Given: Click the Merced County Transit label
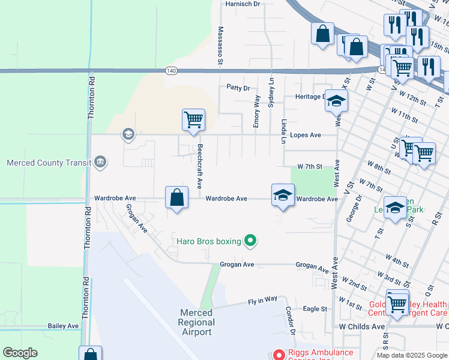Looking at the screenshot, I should coord(48,163).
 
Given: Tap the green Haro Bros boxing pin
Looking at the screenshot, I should coord(252,242).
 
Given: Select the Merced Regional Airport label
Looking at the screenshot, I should coord(196,322).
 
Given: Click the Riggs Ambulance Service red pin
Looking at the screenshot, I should coord(278,355).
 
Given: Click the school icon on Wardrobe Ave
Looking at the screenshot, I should coord(283,195).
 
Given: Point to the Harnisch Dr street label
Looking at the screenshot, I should coord(243,4).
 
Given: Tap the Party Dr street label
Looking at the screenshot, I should coord(238,88).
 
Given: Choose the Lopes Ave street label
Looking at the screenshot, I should coord(306,135).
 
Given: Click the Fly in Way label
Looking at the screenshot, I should coord(263,299).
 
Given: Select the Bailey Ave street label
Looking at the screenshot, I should coord(64,326).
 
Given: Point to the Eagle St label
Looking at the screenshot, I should coord(315,309).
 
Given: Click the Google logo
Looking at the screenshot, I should coord(20,353).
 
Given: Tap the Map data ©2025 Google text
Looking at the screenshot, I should coord(411,355).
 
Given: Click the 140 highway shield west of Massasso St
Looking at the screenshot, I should coord(172,71).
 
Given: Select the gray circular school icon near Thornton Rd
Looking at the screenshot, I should coord(127,134).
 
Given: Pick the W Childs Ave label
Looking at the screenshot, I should coord(361,326).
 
